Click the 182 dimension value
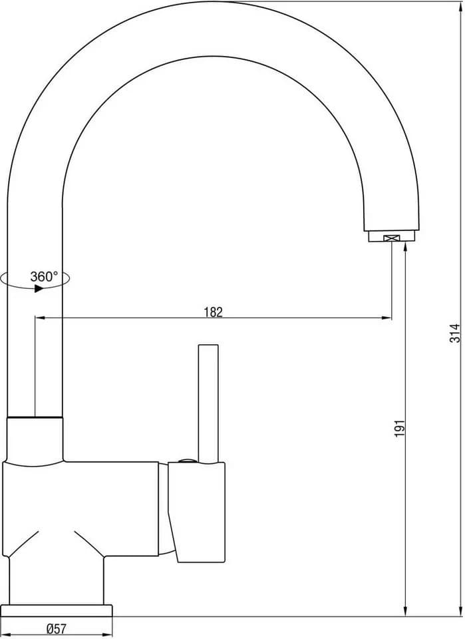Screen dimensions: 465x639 point(214,312)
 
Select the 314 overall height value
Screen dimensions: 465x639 point(455,333)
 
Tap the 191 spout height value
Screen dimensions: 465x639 point(400,428)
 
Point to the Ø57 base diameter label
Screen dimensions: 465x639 point(57,628)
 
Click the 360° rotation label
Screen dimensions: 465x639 point(44,277)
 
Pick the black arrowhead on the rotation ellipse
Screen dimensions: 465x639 point(39,288)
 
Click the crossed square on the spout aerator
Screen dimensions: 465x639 point(392,238)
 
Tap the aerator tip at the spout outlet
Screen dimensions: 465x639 point(392,236)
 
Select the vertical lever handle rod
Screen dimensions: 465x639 point(208,404)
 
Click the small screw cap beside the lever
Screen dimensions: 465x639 point(188,461)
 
